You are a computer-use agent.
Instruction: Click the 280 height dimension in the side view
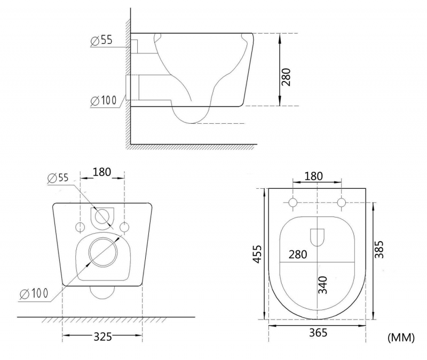[286, 77]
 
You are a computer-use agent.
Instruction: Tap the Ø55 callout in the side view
[102, 41]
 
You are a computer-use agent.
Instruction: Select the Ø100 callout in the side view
[104, 101]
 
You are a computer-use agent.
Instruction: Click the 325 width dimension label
[102, 337]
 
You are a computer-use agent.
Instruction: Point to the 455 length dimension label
[257, 254]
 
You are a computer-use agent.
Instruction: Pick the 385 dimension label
[379, 249]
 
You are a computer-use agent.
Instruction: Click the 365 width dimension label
[318, 332]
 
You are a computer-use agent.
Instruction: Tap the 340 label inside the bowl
[323, 285]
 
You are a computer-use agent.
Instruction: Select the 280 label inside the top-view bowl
[298, 254]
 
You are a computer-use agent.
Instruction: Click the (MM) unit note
[401, 338]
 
